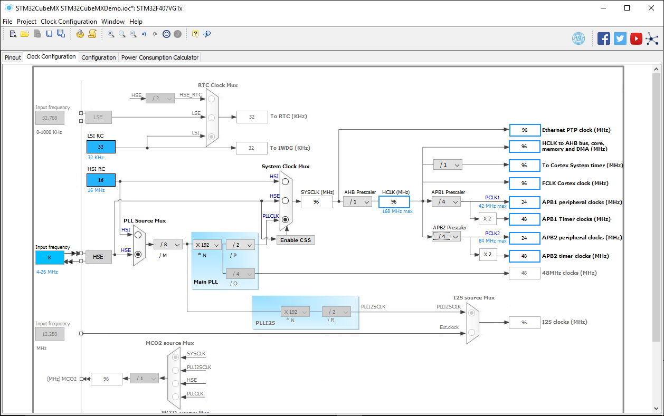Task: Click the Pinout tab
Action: coord(13,57)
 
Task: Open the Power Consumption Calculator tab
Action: coord(160,57)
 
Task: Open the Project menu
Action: coord(26,22)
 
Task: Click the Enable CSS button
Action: coord(296,240)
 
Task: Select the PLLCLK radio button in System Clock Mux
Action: coord(285,219)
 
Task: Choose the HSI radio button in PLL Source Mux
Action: coord(138,235)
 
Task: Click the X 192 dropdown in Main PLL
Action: coord(207,245)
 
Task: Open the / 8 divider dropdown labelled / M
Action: coord(168,245)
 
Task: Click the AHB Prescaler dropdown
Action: coord(357,202)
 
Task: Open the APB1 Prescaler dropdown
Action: coord(446,202)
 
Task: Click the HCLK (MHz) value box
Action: coord(394,202)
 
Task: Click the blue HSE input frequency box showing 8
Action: coord(50,258)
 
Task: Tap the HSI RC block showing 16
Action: coord(101,180)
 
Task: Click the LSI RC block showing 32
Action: coord(101,147)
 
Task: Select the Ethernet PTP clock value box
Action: coord(524,130)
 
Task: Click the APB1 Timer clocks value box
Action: coord(524,219)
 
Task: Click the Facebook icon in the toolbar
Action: coord(603,39)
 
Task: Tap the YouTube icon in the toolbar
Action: coord(636,39)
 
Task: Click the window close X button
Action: coord(651,8)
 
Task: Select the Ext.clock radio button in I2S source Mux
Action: coord(472,333)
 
